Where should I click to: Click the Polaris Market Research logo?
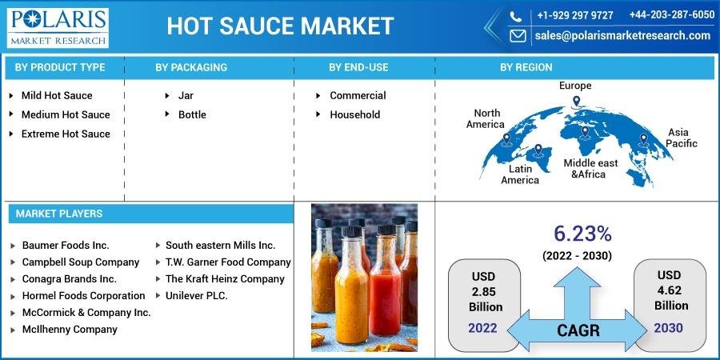pyautogui.click(x=58, y=27)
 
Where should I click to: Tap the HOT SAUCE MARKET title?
pyautogui.click(x=280, y=26)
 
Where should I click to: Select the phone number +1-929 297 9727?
pyautogui.click(x=575, y=15)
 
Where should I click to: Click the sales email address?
pyautogui.click(x=622, y=35)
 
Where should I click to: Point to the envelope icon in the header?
pyautogui.click(x=518, y=36)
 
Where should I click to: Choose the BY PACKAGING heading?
pyautogui.click(x=191, y=67)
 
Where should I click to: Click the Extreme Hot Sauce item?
pyautogui.click(x=66, y=134)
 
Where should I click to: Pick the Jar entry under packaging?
pyautogui.click(x=186, y=95)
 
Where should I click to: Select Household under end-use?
pyautogui.click(x=355, y=114)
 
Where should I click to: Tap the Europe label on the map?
pyautogui.click(x=575, y=86)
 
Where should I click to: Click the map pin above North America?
pyautogui.click(x=506, y=138)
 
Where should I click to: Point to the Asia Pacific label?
pyautogui.click(x=682, y=138)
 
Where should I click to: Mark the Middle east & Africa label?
pyautogui.click(x=590, y=169)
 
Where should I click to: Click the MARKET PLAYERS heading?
pyautogui.click(x=59, y=214)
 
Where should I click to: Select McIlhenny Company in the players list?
pyautogui.click(x=70, y=330)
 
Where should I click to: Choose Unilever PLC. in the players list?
pyautogui.click(x=197, y=296)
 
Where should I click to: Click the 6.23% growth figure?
pyautogui.click(x=582, y=234)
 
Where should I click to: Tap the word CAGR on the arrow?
pyautogui.click(x=578, y=330)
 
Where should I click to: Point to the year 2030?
pyautogui.click(x=669, y=328)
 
